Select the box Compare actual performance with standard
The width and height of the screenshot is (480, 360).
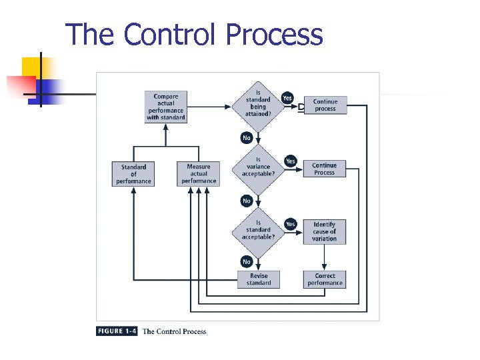(165, 107)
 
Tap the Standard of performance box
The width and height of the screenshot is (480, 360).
(133, 174)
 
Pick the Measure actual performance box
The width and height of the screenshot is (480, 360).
(198, 174)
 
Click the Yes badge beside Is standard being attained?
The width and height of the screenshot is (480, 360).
(287, 98)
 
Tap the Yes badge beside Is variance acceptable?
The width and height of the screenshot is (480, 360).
(290, 161)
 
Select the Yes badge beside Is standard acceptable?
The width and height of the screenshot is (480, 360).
(290, 224)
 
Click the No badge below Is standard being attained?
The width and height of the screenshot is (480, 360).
(247, 138)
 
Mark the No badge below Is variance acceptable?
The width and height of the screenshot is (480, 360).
(247, 201)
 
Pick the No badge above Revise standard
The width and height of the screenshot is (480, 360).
(247, 262)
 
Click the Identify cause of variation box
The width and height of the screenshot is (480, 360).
(325, 231)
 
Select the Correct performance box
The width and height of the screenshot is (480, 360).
(325, 279)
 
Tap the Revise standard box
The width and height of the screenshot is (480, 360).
(259, 279)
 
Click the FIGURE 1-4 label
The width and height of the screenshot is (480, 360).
(117, 331)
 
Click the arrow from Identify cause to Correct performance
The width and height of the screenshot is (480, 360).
(325, 257)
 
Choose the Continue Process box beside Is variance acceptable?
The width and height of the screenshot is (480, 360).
(325, 169)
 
